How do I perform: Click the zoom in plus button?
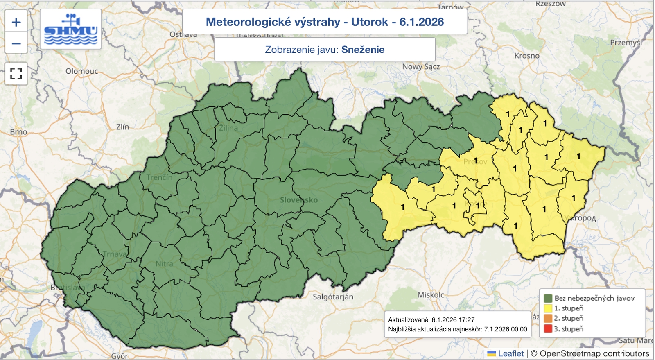click(x=16, y=22)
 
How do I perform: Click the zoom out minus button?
click(x=16, y=43)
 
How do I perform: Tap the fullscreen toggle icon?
click(x=16, y=74)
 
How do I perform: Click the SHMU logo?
click(x=71, y=29)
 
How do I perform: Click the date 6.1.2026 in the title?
click(x=421, y=22)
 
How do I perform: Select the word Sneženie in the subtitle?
click(x=363, y=50)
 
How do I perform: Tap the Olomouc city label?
click(x=82, y=71)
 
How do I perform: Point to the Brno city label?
click(x=18, y=132)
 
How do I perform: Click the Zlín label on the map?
click(x=122, y=127)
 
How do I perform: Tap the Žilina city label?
click(x=228, y=128)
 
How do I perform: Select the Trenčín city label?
click(x=159, y=177)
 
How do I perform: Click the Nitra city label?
click(x=164, y=264)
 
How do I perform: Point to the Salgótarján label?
click(x=333, y=297)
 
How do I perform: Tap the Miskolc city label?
click(x=431, y=295)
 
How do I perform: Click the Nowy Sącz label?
click(x=421, y=66)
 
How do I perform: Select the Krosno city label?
click(x=527, y=55)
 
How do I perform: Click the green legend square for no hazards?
click(x=548, y=298)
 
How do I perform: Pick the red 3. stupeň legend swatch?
click(x=548, y=328)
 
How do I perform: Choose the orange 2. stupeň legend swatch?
click(x=548, y=318)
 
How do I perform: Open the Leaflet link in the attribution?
click(x=510, y=353)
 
